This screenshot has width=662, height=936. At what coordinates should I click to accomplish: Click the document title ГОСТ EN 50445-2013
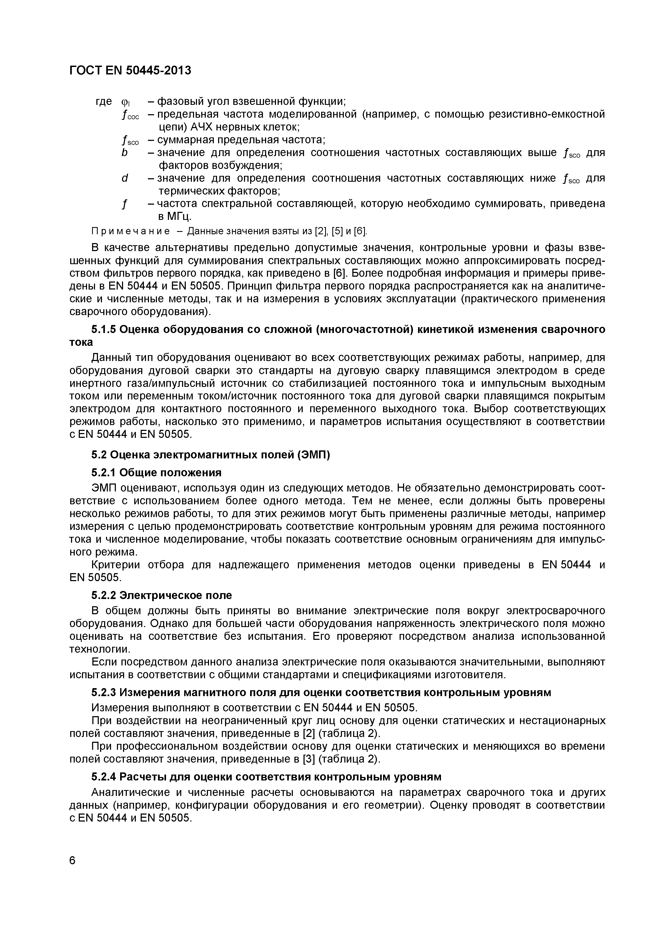pyautogui.click(x=130, y=70)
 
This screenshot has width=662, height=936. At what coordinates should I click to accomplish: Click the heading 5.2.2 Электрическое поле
pyautogui.click(x=161, y=596)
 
